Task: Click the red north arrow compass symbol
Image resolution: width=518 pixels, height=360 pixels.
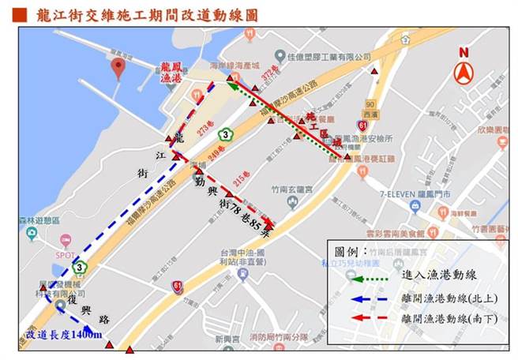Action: [464, 68]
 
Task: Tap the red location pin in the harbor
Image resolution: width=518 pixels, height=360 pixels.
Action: [118, 68]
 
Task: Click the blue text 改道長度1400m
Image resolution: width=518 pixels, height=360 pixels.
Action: [64, 335]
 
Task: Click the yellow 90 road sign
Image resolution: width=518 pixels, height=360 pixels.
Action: [370, 104]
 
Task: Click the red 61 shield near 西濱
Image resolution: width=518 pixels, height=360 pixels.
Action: [361, 126]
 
